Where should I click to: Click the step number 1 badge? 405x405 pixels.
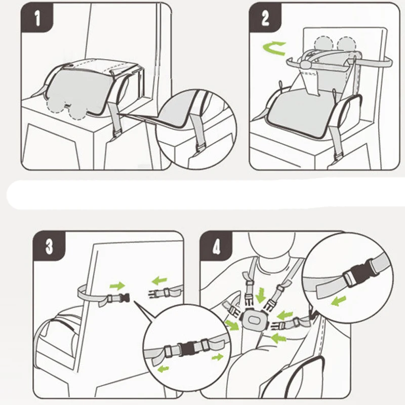tap(36, 18)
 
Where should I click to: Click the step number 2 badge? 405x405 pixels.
tap(265, 18)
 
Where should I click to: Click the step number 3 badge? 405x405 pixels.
tap(49, 246)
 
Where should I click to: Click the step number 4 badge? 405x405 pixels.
tap(216, 246)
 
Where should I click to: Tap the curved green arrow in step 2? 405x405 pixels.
tap(274, 48)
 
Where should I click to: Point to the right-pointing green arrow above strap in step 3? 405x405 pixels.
tap(117, 286)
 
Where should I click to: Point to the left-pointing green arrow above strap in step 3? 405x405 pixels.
tap(159, 280)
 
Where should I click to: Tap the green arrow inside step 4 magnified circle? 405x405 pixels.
tap(339, 301)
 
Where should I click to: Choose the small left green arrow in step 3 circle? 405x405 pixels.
tap(163, 369)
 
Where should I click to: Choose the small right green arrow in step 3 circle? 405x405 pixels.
tap(217, 357)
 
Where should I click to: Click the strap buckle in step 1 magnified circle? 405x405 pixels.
tap(200, 149)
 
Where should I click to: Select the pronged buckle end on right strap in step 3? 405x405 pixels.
tap(154, 294)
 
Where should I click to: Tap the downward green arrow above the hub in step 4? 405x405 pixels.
tap(260, 295)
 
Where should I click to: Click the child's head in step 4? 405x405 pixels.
tap(272, 244)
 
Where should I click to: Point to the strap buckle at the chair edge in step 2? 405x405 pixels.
tap(339, 156)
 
